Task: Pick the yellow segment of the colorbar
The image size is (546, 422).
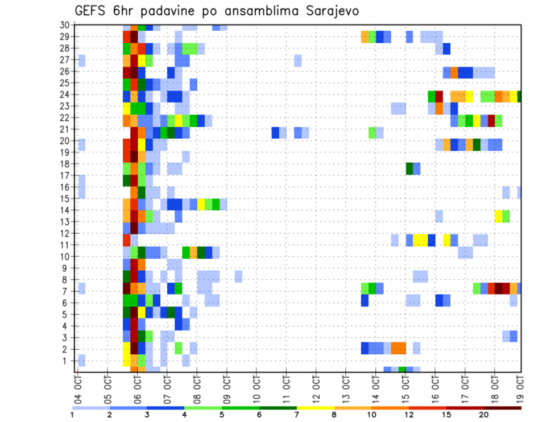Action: pos(315,407)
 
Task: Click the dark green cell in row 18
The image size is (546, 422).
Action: pos(409,168)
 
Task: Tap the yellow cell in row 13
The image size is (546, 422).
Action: pos(498,216)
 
